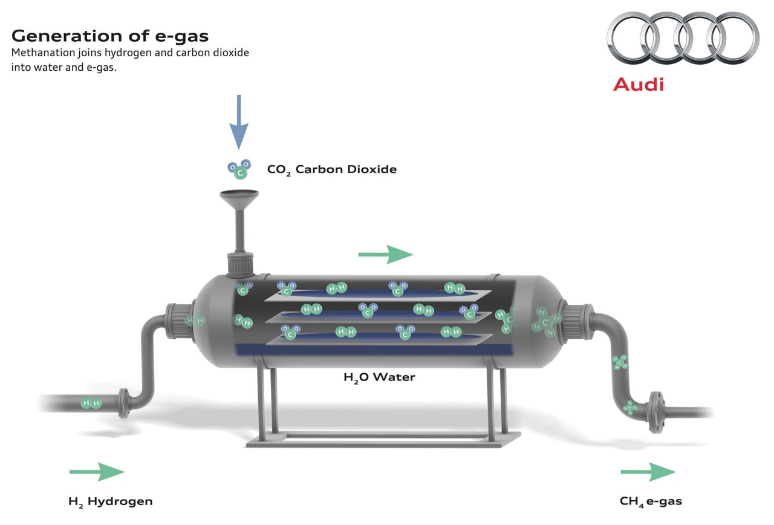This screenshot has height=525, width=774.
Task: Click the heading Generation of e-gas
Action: [110, 35]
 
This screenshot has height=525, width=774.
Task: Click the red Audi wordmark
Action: [639, 84]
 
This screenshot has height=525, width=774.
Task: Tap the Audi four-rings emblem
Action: [682, 38]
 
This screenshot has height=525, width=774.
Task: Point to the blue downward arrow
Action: [239, 122]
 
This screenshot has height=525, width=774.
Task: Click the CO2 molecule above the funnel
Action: [239, 169]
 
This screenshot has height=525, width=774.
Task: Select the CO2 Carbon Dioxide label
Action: [332, 169]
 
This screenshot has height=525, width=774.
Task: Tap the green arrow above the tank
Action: [386, 255]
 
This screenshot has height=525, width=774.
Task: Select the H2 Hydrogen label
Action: [111, 501]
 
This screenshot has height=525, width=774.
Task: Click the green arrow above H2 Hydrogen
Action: [97, 472]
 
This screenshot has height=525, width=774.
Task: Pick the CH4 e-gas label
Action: [651, 501]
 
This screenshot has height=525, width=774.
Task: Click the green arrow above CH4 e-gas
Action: [648, 472]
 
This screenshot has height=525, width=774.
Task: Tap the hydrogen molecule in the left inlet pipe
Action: [91, 403]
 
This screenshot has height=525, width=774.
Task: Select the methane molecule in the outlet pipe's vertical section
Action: [620, 362]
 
